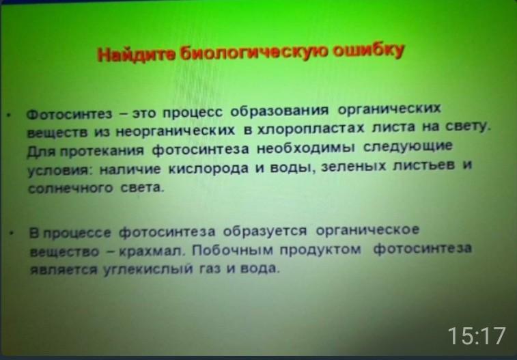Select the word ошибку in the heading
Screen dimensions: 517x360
pyautogui.click(x=369, y=51)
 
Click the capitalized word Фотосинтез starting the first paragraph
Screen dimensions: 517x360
pyautogui.click(x=69, y=114)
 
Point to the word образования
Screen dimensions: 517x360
pyautogui.click(x=279, y=111)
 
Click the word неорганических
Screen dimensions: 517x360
pyautogui.click(x=176, y=131)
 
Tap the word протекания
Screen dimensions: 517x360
pyautogui.click(x=102, y=151)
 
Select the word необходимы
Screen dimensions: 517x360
pyautogui.click(x=306, y=148)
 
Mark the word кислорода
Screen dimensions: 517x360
pyautogui.click(x=208, y=169)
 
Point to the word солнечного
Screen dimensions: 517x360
pyautogui.click(x=70, y=189)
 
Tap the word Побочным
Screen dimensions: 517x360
pyautogui.click(x=233, y=250)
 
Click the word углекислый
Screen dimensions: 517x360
pyautogui.click(x=148, y=270)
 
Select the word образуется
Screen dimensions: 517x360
pyautogui.click(x=265, y=231)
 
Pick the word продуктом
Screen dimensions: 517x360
pyautogui.click(x=320, y=249)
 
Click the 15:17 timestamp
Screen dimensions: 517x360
pyautogui.click(x=477, y=336)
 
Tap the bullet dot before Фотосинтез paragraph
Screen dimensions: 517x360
pyautogui.click(x=10, y=115)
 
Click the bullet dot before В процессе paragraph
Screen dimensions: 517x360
pyautogui.click(x=12, y=233)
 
